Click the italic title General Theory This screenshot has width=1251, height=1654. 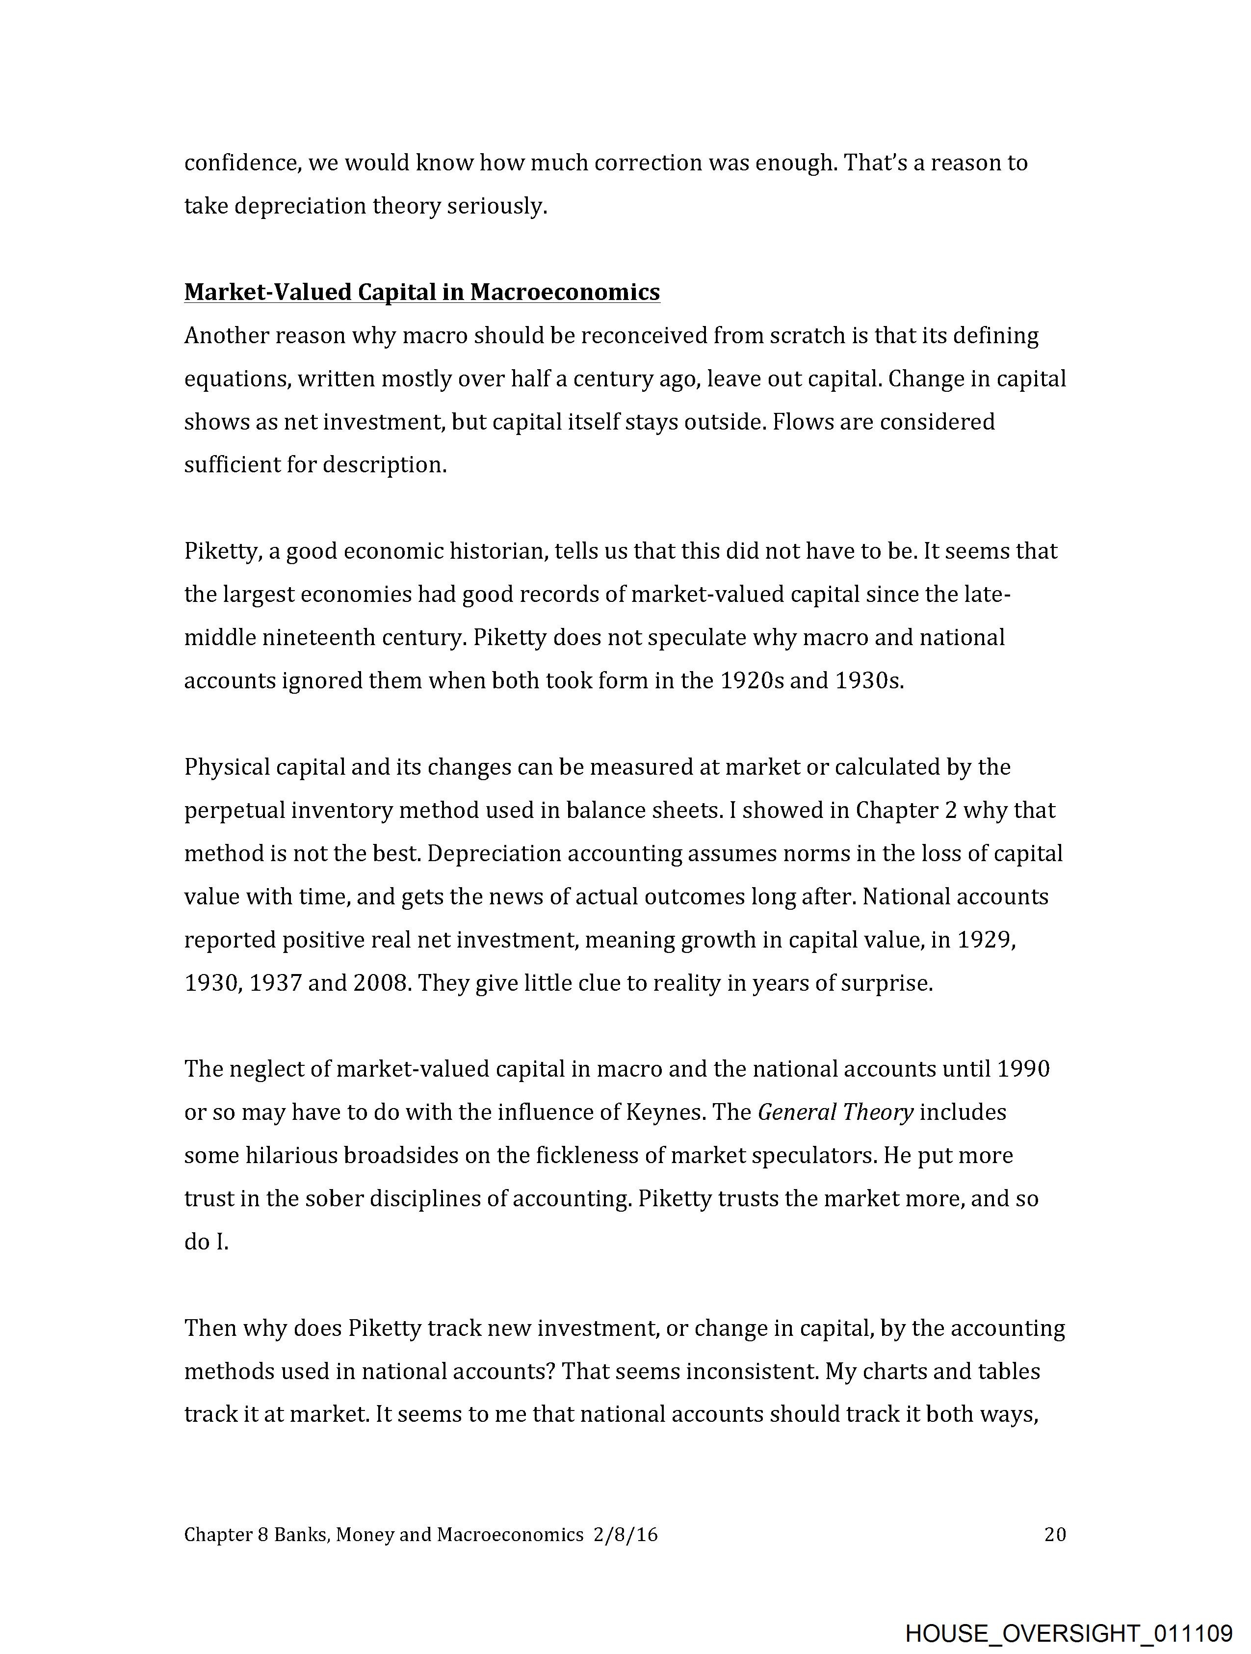point(835,1112)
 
